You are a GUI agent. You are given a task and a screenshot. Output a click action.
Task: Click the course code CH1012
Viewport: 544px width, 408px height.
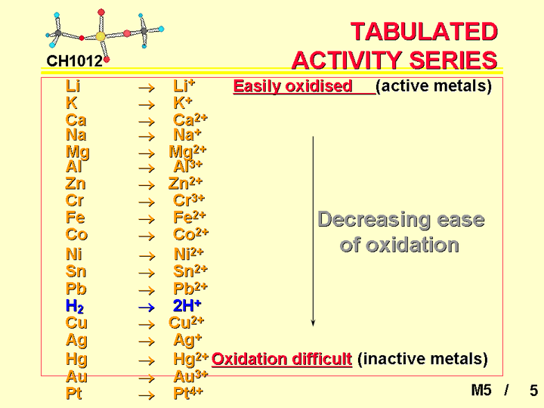pos(75,61)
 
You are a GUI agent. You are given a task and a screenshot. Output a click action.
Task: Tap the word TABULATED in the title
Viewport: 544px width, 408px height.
pos(425,32)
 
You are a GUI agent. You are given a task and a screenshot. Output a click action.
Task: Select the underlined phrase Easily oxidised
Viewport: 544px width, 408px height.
pos(293,86)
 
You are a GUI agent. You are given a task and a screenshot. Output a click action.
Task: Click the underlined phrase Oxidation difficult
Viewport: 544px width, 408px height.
pos(282,359)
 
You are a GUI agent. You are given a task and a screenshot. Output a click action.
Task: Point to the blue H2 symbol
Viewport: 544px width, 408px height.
pos(75,306)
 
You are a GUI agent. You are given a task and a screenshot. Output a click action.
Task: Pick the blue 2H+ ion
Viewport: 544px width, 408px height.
pos(187,306)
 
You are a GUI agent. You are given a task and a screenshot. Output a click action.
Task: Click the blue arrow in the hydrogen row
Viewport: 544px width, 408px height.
pos(147,308)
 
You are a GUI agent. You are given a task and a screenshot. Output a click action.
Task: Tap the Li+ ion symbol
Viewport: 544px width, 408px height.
pos(184,86)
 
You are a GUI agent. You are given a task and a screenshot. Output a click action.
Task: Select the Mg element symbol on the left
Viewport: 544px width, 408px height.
pos(78,152)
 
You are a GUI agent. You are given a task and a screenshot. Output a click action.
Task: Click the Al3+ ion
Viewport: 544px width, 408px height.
pos(187,166)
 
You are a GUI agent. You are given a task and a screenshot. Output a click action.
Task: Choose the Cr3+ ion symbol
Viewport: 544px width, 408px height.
pos(189,200)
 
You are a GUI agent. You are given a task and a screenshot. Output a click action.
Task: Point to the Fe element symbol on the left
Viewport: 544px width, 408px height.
pos(76,218)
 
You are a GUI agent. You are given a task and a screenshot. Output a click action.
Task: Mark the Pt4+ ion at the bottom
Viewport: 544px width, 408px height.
pos(188,393)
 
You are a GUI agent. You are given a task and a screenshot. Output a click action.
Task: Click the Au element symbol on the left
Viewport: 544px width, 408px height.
pos(76,376)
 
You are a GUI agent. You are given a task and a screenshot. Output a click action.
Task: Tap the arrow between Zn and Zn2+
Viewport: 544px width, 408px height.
pos(147,185)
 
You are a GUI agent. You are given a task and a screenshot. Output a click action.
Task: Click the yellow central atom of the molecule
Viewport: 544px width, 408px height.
pos(100,36)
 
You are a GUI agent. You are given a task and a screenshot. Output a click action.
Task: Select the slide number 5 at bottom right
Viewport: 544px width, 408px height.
pos(533,391)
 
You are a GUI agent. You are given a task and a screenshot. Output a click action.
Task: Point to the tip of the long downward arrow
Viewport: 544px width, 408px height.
pos(313,326)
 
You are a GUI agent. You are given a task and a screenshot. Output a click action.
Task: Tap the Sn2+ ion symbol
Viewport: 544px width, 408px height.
pos(190,271)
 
